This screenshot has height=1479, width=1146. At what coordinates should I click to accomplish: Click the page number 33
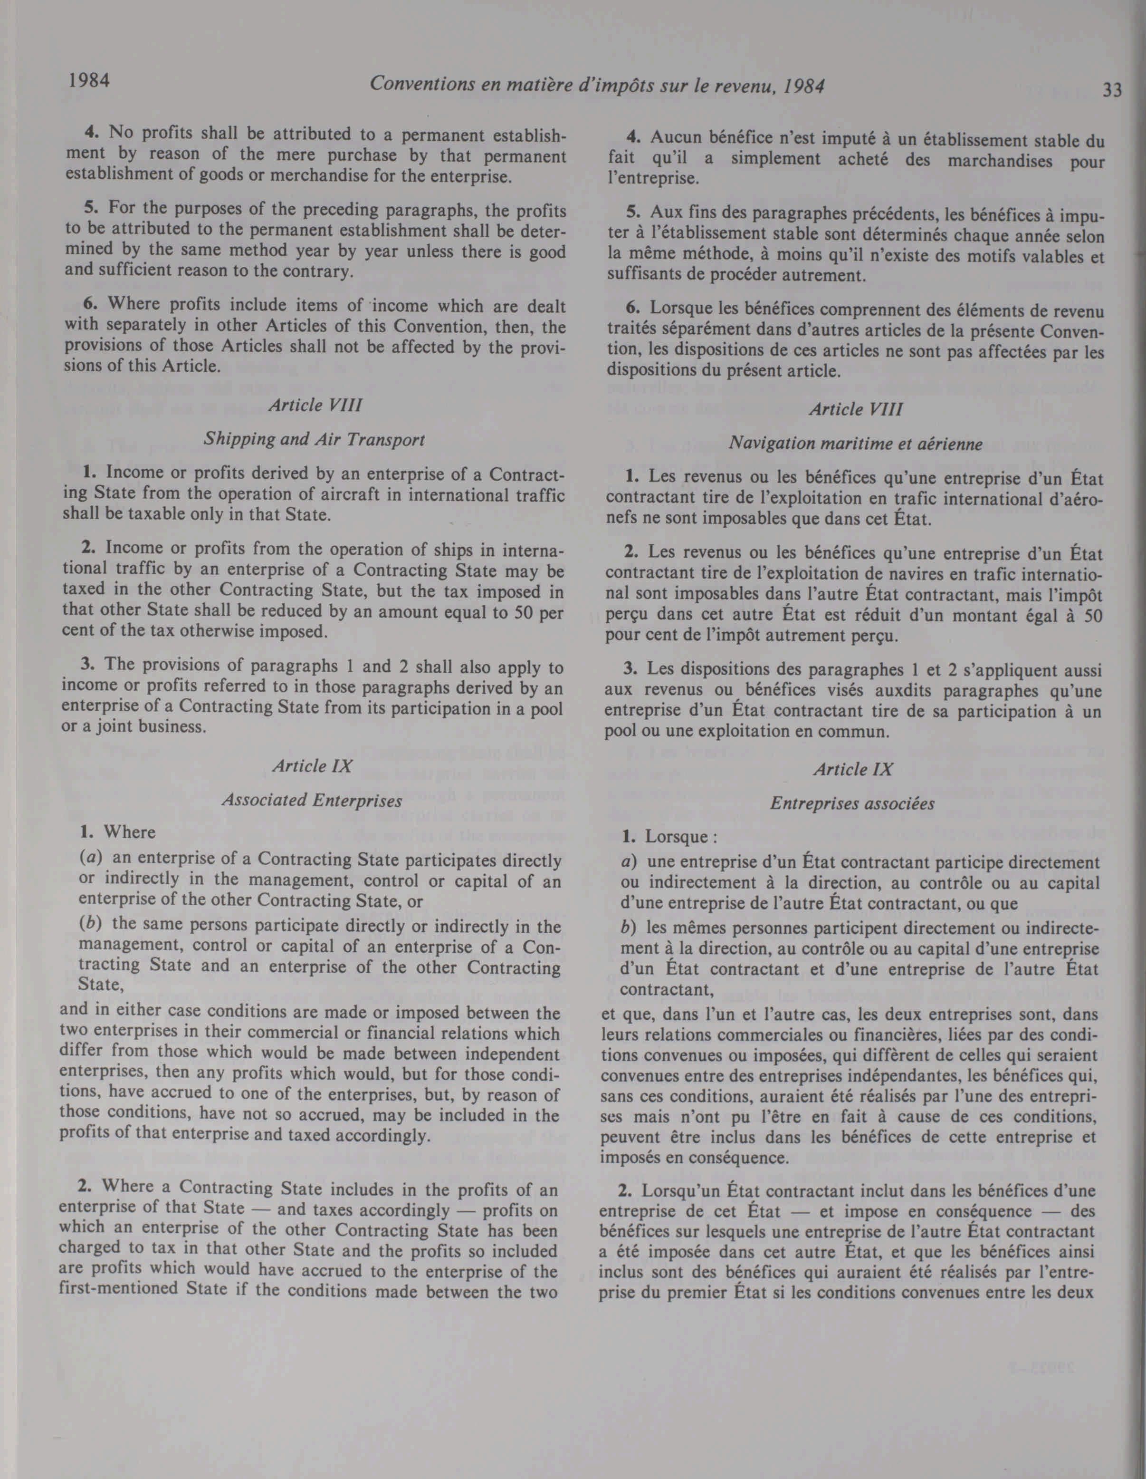click(1111, 89)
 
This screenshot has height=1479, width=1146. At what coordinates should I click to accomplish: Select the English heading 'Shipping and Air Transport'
click(314, 439)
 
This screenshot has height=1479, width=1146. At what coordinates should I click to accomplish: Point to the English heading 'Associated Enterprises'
click(312, 801)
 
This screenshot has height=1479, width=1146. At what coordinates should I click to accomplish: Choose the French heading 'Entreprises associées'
click(852, 804)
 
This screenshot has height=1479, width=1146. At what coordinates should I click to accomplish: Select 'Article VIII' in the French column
click(856, 410)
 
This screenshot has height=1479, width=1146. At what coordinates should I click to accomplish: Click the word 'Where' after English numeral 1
click(129, 832)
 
